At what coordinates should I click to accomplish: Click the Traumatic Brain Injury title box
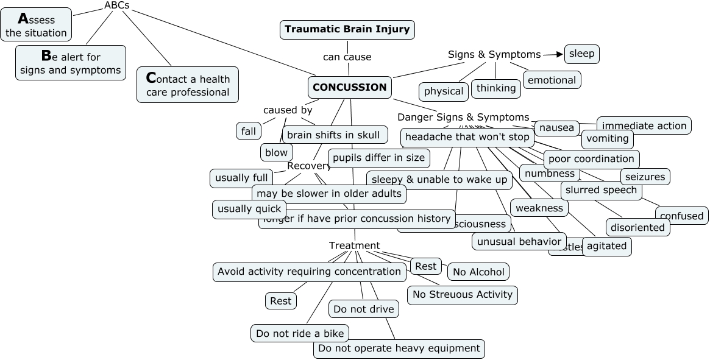pyautogui.click(x=347, y=29)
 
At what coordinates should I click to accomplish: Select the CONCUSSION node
pyautogui.click(x=350, y=87)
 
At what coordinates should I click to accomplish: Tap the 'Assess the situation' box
pyautogui.click(x=37, y=25)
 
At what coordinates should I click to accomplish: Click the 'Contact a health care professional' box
pyautogui.click(x=188, y=85)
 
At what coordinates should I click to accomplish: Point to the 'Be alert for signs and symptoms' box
pyautogui.click(x=71, y=63)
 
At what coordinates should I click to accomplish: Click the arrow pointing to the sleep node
pyautogui.click(x=553, y=54)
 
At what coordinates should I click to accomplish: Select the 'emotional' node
pyautogui.click(x=552, y=80)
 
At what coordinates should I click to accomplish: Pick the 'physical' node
pyautogui.click(x=444, y=91)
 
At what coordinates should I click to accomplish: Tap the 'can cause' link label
pyautogui.click(x=347, y=57)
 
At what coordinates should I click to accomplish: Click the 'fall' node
pyautogui.click(x=248, y=131)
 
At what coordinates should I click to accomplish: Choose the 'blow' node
pyautogui.click(x=276, y=152)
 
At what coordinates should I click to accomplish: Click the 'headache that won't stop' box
pyautogui.click(x=467, y=137)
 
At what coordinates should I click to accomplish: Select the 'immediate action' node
pyautogui.click(x=644, y=125)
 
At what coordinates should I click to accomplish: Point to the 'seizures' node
pyautogui.click(x=645, y=177)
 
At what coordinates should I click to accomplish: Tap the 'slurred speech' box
pyautogui.click(x=601, y=190)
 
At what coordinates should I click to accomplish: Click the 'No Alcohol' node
pyautogui.click(x=478, y=272)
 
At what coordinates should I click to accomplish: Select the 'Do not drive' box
pyautogui.click(x=364, y=309)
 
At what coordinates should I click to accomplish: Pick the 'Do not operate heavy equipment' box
pyautogui.click(x=399, y=348)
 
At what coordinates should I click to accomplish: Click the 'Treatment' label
pyautogui.click(x=354, y=245)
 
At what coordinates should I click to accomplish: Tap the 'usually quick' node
pyautogui.click(x=249, y=209)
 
